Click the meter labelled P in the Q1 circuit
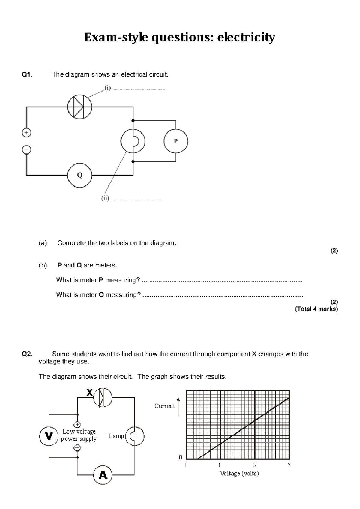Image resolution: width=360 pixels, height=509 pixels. [176, 141]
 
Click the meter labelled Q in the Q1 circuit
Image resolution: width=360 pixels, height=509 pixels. [79, 175]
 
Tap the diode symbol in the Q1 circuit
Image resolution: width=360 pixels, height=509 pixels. [79, 107]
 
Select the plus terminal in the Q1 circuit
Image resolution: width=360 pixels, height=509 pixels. [26, 133]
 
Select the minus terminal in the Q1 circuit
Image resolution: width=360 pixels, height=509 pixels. [26, 149]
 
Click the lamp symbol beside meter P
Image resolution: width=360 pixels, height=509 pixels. [133, 141]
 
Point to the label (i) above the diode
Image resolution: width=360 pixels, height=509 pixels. [108, 88]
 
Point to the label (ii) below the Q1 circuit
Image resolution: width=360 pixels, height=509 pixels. [105, 198]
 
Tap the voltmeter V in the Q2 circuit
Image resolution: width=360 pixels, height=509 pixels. [49, 436]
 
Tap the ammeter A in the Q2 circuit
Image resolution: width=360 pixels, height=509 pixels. [103, 475]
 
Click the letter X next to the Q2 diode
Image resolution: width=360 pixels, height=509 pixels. [89, 393]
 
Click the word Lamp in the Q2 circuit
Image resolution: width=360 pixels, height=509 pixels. [116, 436]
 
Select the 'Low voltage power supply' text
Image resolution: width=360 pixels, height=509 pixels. [79, 435]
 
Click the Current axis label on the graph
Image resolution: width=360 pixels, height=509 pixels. [164, 406]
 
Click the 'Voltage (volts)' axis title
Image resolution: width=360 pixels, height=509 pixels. [239, 473]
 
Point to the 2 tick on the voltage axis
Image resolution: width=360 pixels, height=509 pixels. [255, 465]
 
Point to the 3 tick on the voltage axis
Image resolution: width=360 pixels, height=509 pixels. [289, 465]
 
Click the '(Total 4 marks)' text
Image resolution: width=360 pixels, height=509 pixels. [316, 309]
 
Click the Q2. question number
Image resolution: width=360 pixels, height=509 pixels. [27, 354]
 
